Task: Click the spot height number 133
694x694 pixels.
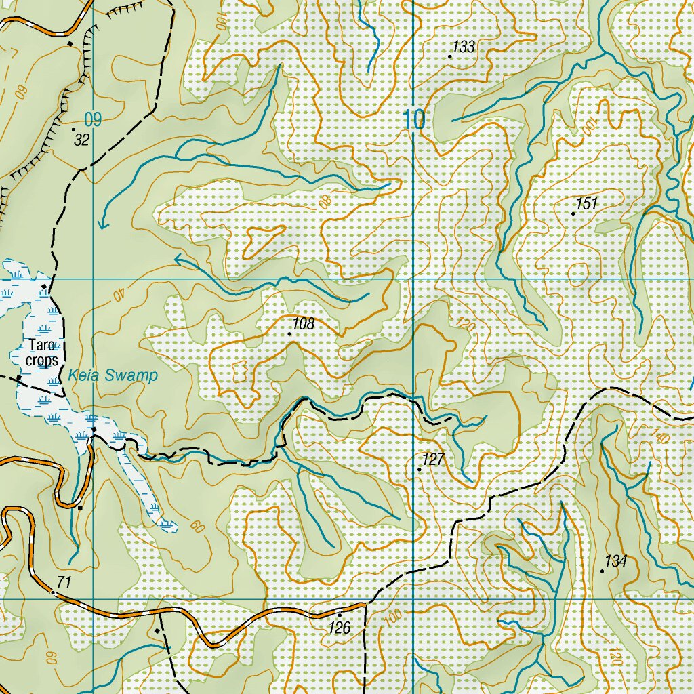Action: [464, 47]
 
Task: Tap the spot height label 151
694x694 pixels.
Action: [588, 203]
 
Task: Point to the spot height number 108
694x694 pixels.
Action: [304, 324]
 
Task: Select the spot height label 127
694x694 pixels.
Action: [433, 460]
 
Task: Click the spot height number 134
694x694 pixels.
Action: [616, 561]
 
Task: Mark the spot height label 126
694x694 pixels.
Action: [340, 628]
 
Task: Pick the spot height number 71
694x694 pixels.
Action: [64, 581]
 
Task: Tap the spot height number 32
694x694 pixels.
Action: [82, 140]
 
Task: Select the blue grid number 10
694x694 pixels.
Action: [413, 120]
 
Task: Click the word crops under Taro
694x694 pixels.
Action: [42, 360]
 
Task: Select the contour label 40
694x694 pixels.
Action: [119, 295]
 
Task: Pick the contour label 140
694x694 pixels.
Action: [661, 436]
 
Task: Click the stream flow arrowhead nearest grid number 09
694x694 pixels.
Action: [103, 224]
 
